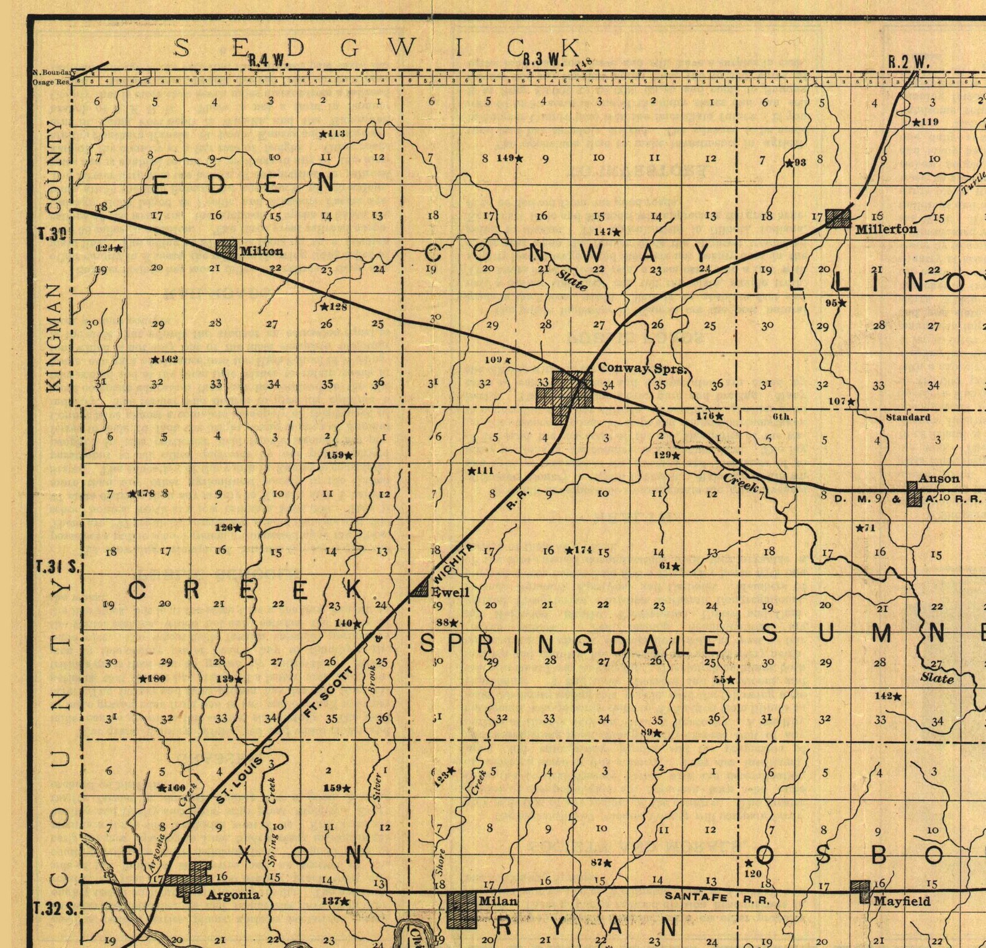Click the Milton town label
(x=261, y=251)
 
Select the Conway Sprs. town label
(x=642, y=368)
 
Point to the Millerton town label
(x=886, y=229)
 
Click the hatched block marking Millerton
(x=838, y=218)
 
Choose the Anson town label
(x=939, y=478)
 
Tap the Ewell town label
(x=450, y=592)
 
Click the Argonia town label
(x=232, y=895)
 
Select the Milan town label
(x=497, y=900)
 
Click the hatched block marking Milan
(x=462, y=909)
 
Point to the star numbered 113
(x=323, y=134)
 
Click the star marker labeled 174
(x=569, y=550)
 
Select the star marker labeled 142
(x=897, y=696)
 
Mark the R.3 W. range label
(x=543, y=60)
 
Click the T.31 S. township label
(x=55, y=567)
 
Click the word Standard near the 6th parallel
(x=907, y=417)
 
